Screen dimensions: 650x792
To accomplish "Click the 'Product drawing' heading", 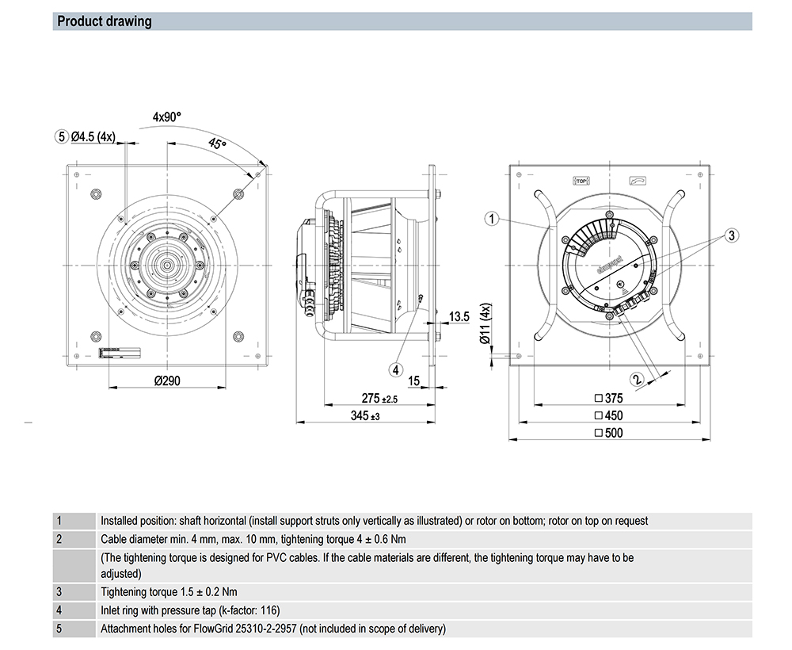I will pyautogui.click(x=105, y=21).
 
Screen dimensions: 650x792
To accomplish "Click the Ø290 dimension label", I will pyautogui.click(x=167, y=380).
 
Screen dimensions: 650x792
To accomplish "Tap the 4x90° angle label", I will pyautogui.click(x=167, y=117).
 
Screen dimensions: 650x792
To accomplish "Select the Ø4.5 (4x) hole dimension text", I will pyautogui.click(x=93, y=136).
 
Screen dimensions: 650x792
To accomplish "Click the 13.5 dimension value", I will pyautogui.click(x=459, y=317).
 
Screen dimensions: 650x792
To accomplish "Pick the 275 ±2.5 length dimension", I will pyautogui.click(x=379, y=399).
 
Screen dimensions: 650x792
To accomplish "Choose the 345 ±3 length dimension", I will pyautogui.click(x=365, y=416).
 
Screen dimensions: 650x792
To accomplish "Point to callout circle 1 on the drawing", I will pyautogui.click(x=492, y=219).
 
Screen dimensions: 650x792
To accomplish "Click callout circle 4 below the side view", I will pyautogui.click(x=396, y=368).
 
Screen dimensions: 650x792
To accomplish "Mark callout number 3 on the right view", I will pyautogui.click(x=731, y=235).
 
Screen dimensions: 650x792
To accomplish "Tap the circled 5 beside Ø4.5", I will pyautogui.click(x=62, y=136).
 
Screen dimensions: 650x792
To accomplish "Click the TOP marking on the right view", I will pyautogui.click(x=582, y=181).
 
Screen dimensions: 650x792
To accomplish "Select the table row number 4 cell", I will pyautogui.click(x=59, y=610).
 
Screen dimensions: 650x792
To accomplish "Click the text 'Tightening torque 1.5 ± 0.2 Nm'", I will pyautogui.click(x=169, y=592).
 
